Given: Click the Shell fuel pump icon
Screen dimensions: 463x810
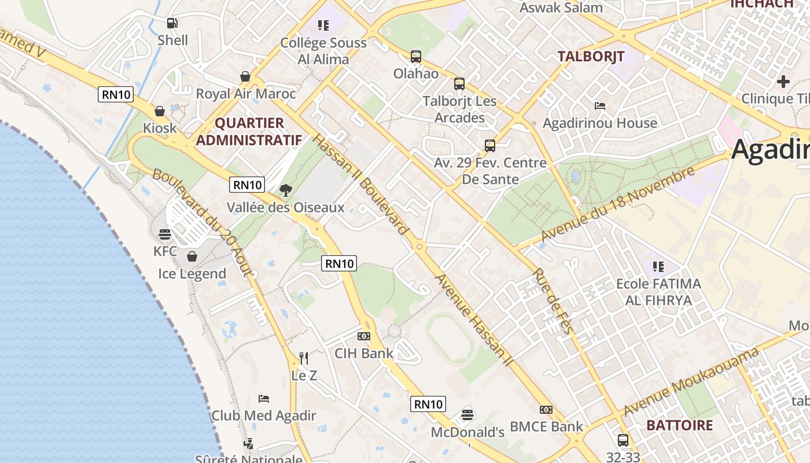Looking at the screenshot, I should coord(172,23).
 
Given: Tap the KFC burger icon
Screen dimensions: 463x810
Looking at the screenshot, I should coord(165,234).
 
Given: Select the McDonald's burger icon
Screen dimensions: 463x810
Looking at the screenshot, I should coord(467,415).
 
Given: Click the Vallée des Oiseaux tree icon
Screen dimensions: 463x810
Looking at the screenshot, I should coord(285,190).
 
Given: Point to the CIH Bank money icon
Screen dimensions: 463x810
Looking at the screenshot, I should coord(364,336).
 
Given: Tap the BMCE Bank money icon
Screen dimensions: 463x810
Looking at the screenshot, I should coord(546,410).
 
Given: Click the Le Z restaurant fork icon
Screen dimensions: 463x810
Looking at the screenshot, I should coord(304,358).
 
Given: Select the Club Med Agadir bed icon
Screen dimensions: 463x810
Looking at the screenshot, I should coord(264,398).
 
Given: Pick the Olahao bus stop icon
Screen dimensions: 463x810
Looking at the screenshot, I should coord(416,57).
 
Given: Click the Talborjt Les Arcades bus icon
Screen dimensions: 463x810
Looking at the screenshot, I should coord(459,84).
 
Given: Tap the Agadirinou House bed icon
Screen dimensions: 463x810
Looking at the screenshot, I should coord(600,106).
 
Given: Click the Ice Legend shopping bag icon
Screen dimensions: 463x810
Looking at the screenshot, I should coord(192,256).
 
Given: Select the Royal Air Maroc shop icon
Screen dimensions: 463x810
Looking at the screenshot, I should coord(245,76).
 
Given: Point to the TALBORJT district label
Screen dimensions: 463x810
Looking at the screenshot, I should coord(591,56).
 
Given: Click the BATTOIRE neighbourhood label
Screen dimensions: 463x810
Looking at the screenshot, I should coord(679,425).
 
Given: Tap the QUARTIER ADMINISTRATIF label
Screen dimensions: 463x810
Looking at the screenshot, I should coord(249,131).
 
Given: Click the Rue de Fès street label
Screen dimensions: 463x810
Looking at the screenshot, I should coord(553,301).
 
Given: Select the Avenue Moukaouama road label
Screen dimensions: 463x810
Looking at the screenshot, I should coord(691,382).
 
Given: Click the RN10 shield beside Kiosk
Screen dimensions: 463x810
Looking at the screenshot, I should coord(116,94).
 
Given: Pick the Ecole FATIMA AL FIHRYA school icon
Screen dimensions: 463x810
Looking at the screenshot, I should coord(658,267).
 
